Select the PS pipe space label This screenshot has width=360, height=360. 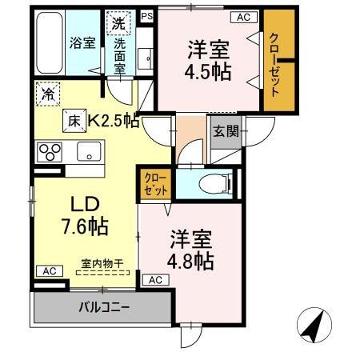(x=146, y=14)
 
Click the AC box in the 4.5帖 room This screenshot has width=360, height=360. (x=241, y=16)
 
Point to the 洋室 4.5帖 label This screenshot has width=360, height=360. (x=210, y=61)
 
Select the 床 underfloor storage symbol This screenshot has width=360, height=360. (x=73, y=121)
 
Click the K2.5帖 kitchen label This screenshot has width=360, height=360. (x=113, y=121)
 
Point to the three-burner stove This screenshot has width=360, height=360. (x=50, y=150)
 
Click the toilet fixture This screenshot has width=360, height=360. (x=216, y=182)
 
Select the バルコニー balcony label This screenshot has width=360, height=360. (x=104, y=306)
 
